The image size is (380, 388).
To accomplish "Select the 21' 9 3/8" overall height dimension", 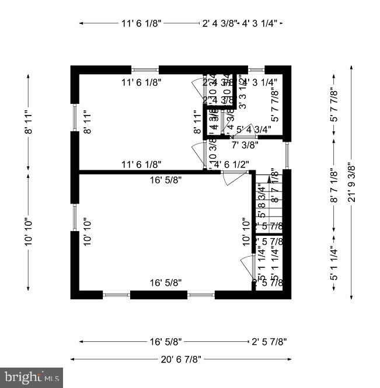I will click(351, 182).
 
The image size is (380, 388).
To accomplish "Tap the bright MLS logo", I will click(32, 377).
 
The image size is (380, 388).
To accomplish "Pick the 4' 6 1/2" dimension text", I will click(232, 165).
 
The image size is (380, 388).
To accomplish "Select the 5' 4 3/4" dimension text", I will click(254, 130).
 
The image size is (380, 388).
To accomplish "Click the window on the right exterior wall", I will click(287, 155).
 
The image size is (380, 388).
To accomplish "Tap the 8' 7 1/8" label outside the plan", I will click(334, 186).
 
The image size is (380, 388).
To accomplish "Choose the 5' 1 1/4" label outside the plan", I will click(334, 265).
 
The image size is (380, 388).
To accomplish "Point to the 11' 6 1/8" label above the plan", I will click(141, 23).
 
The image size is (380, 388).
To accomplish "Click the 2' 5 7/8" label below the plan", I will click(269, 341).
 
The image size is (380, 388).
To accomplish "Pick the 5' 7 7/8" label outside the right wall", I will click(334, 105).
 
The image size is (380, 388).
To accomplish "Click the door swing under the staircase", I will click(247, 268).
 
